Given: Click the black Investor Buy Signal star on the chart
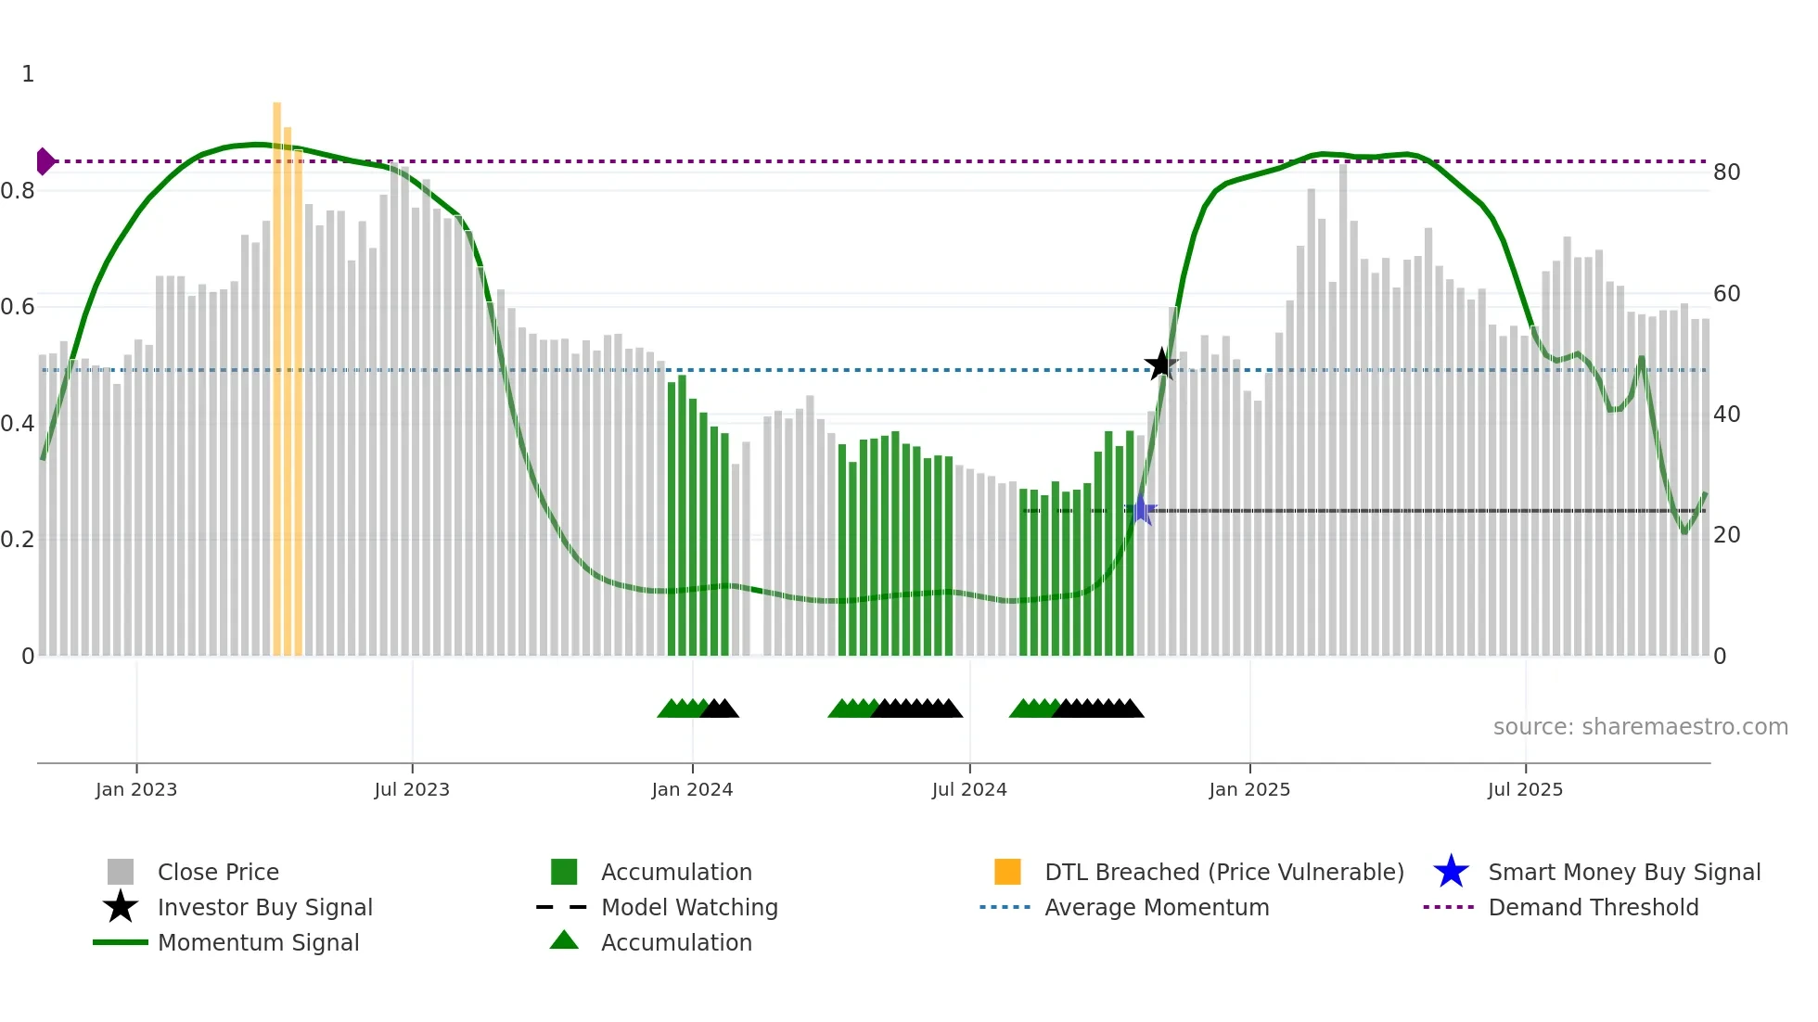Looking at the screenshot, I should tap(1160, 364).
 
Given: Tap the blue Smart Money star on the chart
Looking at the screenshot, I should tap(1141, 510).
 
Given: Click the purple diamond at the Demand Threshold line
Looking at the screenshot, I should tap(45, 161).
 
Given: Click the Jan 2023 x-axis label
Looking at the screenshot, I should tap(136, 790).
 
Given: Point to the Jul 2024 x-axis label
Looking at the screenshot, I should tap(969, 790).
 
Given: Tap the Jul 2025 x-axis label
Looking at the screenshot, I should tap(1525, 790).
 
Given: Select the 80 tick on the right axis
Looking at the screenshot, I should tap(1726, 172).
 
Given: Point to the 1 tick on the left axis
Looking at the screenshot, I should tap(28, 74).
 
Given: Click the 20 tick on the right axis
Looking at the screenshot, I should tap(1726, 535).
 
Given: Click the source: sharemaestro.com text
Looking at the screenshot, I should tap(1640, 727).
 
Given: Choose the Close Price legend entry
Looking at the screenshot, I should tap(218, 873).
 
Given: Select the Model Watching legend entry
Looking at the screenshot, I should tap(689, 908).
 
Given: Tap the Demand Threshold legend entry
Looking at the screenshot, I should tap(1593, 908).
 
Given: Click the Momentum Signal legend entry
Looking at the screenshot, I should tap(258, 943).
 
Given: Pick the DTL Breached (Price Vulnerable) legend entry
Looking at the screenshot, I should tap(1223, 873).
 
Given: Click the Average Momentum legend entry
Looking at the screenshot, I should tap(1157, 908).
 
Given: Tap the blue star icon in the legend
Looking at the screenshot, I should tap(1451, 873).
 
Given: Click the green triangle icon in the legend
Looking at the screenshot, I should tap(564, 941).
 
